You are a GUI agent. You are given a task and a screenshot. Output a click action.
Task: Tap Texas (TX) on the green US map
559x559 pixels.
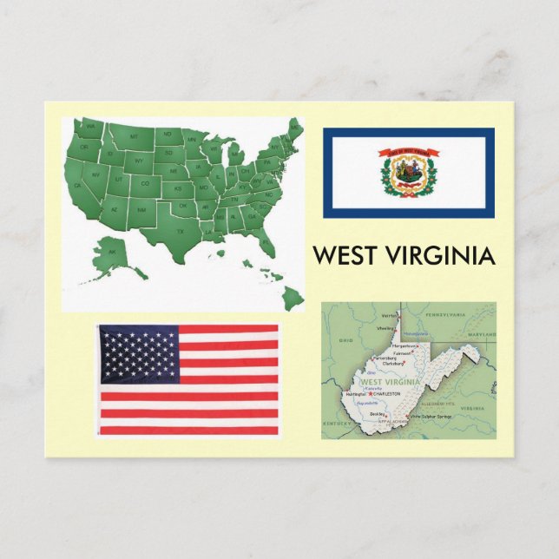coord(180,232)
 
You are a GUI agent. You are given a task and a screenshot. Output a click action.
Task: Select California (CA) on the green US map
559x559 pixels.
coord(78,184)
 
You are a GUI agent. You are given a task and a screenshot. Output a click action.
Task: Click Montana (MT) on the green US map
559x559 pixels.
coord(134,137)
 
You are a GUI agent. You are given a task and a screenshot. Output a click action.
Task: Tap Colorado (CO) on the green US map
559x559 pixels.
coord(145,183)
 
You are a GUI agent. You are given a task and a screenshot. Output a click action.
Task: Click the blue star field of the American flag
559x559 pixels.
coord(139,354)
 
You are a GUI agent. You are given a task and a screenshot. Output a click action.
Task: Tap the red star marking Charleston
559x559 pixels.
coord(372,394)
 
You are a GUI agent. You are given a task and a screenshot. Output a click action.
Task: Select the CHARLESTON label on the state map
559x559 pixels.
coord(388,394)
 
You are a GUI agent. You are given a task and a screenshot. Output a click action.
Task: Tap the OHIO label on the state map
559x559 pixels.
coord(345,341)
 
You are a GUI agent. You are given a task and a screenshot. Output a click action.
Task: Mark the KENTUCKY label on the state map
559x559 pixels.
coord(338,423)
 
